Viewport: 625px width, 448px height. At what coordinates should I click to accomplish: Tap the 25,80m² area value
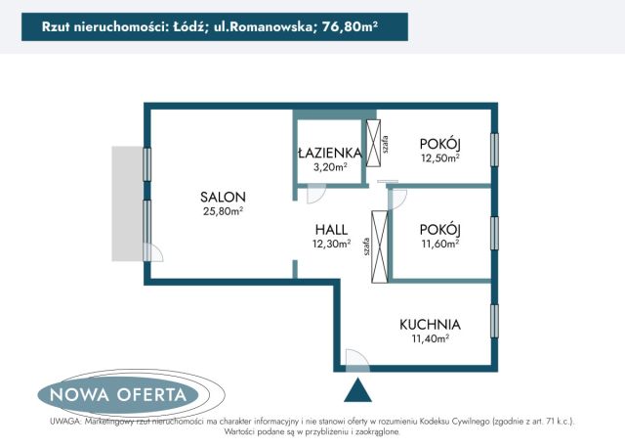coord(223,210)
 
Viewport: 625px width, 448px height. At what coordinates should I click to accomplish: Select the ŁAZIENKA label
coord(329,153)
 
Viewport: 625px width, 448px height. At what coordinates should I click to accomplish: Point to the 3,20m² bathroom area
coord(330,166)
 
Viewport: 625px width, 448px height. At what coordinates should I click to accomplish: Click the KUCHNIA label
coord(430,324)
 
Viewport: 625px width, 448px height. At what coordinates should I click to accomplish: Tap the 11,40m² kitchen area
coord(430,338)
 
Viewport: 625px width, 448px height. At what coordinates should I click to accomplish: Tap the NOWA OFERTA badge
coord(118,395)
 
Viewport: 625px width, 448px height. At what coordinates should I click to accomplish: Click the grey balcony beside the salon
coord(127,203)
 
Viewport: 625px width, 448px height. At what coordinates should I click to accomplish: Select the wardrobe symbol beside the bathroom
coord(373,145)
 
